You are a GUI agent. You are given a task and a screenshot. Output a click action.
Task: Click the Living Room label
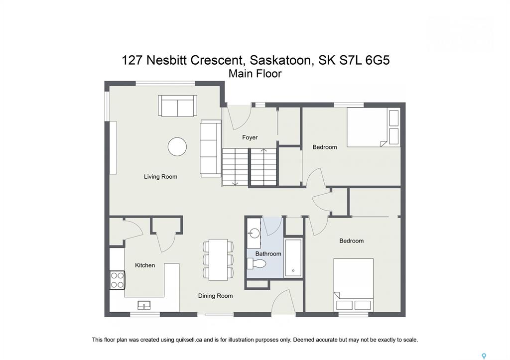pos(161,177)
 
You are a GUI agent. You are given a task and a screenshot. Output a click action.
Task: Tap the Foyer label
pos(250,137)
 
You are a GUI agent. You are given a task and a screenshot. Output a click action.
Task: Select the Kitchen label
pos(145,265)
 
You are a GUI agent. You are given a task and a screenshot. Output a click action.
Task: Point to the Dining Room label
pos(216,296)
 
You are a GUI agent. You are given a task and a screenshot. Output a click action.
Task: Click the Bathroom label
pos(268,253)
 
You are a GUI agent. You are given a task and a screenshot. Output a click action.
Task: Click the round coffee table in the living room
pos(177,147)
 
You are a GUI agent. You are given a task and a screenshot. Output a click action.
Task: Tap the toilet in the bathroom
pos(256,263)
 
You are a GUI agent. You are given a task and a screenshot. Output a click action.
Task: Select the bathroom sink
pos(254,233)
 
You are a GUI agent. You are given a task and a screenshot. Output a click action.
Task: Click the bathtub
pos(293,258)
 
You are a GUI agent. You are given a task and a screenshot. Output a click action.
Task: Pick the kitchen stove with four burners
pos(118,280)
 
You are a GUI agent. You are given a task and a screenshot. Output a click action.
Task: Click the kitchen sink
pos(144,305)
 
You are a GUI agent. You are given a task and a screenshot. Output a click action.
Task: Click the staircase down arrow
pos(235,183)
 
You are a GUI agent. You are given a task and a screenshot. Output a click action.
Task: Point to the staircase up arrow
pos(264,150)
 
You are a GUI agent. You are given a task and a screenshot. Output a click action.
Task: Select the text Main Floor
pos(255,74)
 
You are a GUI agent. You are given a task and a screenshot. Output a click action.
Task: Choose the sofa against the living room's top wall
pos(178,106)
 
